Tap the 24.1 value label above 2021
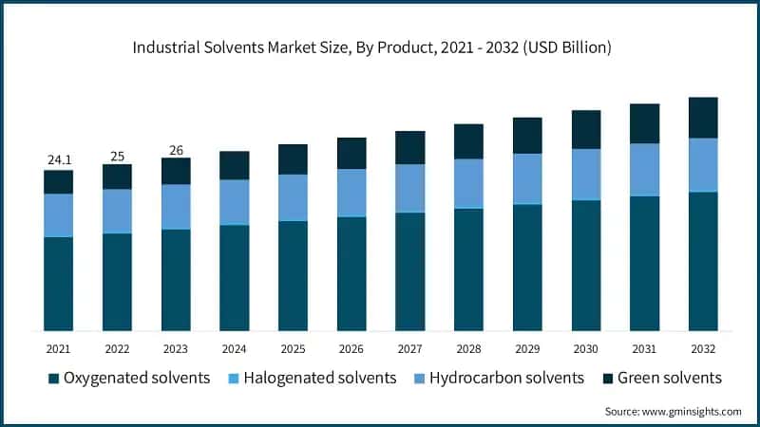(58, 160)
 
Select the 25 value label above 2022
(117, 155)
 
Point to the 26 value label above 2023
(176, 149)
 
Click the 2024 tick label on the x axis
(234, 349)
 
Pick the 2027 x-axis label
(409, 349)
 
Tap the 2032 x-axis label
(703, 349)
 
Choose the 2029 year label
(527, 349)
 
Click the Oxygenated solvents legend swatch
(54, 379)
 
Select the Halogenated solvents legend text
(319, 378)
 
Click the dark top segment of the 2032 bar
(703, 118)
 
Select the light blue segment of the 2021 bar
(58, 214)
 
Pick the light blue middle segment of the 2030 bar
(586, 174)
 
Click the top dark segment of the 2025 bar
(293, 158)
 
